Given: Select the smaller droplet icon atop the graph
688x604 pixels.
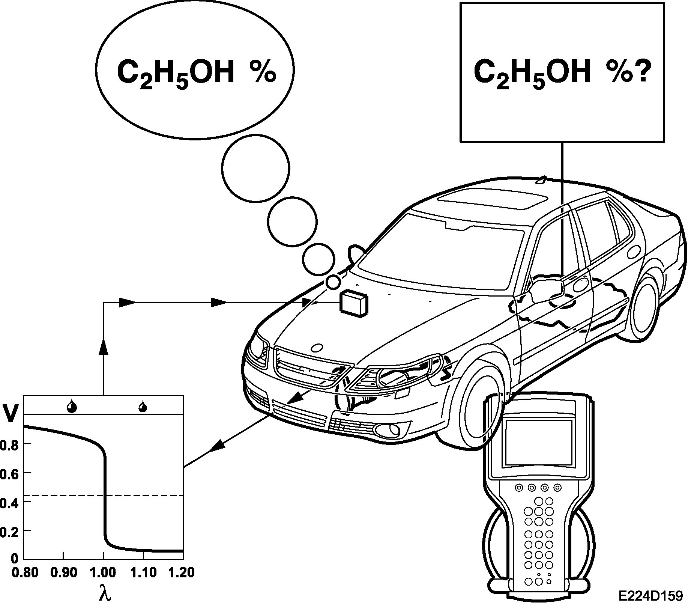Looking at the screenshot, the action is [x=143, y=406].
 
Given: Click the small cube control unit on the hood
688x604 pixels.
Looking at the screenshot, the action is [x=354, y=303].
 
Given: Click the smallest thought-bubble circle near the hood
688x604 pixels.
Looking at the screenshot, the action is [x=333, y=282].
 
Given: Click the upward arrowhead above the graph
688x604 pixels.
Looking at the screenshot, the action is [x=104, y=347].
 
